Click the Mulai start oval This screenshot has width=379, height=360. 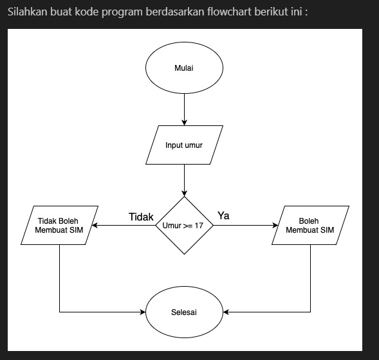pyautogui.click(x=184, y=67)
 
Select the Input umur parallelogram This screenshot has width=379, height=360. pyautogui.click(x=184, y=145)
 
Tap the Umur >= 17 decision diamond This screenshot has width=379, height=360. pyautogui.click(x=184, y=226)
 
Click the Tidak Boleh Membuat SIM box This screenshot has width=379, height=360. pyautogui.click(x=59, y=226)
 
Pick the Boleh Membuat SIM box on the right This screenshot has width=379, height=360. pyautogui.click(x=310, y=226)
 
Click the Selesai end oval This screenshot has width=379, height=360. pyautogui.click(x=184, y=312)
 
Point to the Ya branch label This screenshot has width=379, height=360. pyautogui.click(x=223, y=216)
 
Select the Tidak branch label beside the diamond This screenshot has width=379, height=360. pyautogui.click(x=141, y=217)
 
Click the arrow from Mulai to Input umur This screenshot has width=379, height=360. pyautogui.click(x=185, y=108)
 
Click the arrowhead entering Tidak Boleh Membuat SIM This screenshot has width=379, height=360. pyautogui.click(x=95, y=226)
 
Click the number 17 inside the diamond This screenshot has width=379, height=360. pyautogui.click(x=199, y=226)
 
